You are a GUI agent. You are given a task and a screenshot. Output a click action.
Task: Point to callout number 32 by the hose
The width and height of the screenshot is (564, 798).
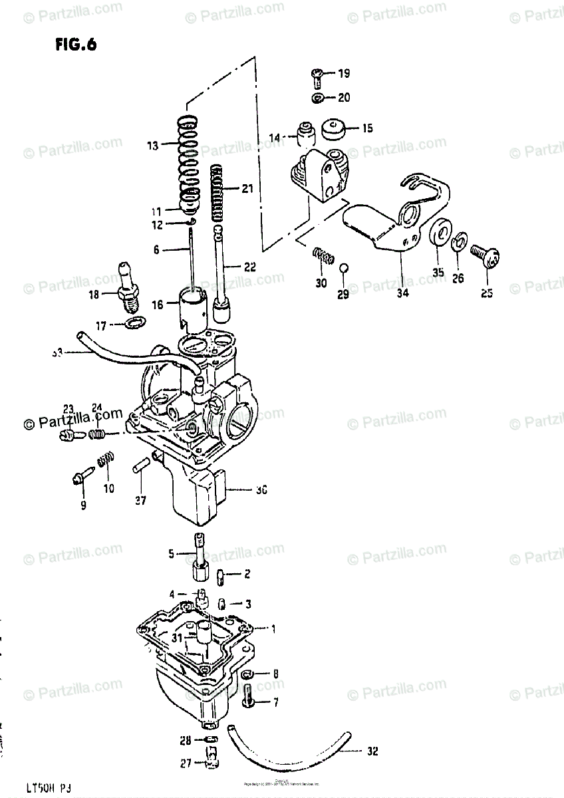372,752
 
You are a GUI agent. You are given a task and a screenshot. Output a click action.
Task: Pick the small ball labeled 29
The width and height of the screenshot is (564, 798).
343,268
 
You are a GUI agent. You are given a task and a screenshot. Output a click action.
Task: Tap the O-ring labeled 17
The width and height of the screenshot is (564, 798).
135,324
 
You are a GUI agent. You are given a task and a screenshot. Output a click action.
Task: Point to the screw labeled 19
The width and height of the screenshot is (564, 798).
316,78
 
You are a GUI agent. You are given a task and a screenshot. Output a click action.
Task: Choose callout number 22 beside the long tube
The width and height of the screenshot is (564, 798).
248,267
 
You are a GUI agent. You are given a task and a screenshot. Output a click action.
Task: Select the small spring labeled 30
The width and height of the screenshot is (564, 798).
323,255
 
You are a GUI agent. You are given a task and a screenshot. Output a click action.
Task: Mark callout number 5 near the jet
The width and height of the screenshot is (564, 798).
171,553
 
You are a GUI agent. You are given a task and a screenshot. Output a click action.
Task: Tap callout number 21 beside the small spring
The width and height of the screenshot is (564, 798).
247,189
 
